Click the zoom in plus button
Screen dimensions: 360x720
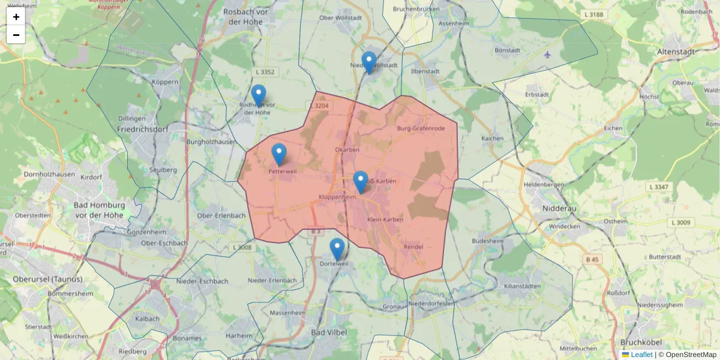(16, 17)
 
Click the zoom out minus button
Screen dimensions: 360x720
(16, 35)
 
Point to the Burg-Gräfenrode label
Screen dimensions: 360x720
(421, 128)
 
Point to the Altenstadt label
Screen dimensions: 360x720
(676, 52)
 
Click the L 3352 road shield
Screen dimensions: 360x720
(265, 72)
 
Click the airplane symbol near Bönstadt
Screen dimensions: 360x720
(547, 55)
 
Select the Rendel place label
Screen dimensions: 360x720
(413, 247)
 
